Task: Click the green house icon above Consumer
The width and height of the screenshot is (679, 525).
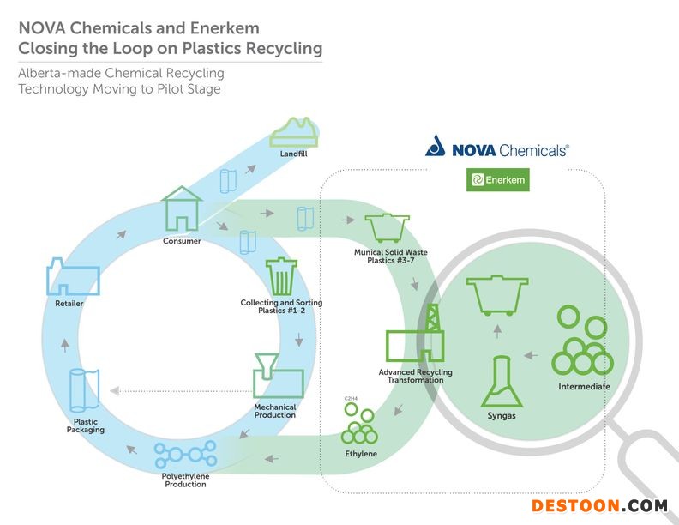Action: coord(182,208)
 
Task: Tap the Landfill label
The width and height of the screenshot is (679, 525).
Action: coord(293,154)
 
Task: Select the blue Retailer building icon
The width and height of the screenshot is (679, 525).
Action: coord(73,277)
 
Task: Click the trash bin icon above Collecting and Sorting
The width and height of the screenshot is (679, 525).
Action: coord(281,276)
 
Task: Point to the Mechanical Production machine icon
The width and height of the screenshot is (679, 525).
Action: coord(278,376)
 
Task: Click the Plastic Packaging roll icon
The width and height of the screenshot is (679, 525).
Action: coord(84,390)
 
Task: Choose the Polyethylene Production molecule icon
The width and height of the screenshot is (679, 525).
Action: coord(185,455)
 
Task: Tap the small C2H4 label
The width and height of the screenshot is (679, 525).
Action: coord(351,399)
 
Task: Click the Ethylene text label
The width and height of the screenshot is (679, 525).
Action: coord(361,454)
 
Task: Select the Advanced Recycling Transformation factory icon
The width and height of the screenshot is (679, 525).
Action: coord(415,334)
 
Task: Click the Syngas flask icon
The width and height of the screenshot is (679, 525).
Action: coord(502,382)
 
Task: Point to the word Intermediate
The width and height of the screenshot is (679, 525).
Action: coord(584,386)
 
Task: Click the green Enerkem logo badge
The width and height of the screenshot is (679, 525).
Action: coord(498,180)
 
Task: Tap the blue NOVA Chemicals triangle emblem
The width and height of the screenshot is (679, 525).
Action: coord(436,146)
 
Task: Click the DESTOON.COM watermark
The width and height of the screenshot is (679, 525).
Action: coord(600,506)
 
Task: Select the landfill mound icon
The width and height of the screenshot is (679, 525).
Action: coord(294,132)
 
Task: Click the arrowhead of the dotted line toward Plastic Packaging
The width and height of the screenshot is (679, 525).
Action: coord(114,391)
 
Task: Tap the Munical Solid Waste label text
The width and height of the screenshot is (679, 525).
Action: coord(391,252)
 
